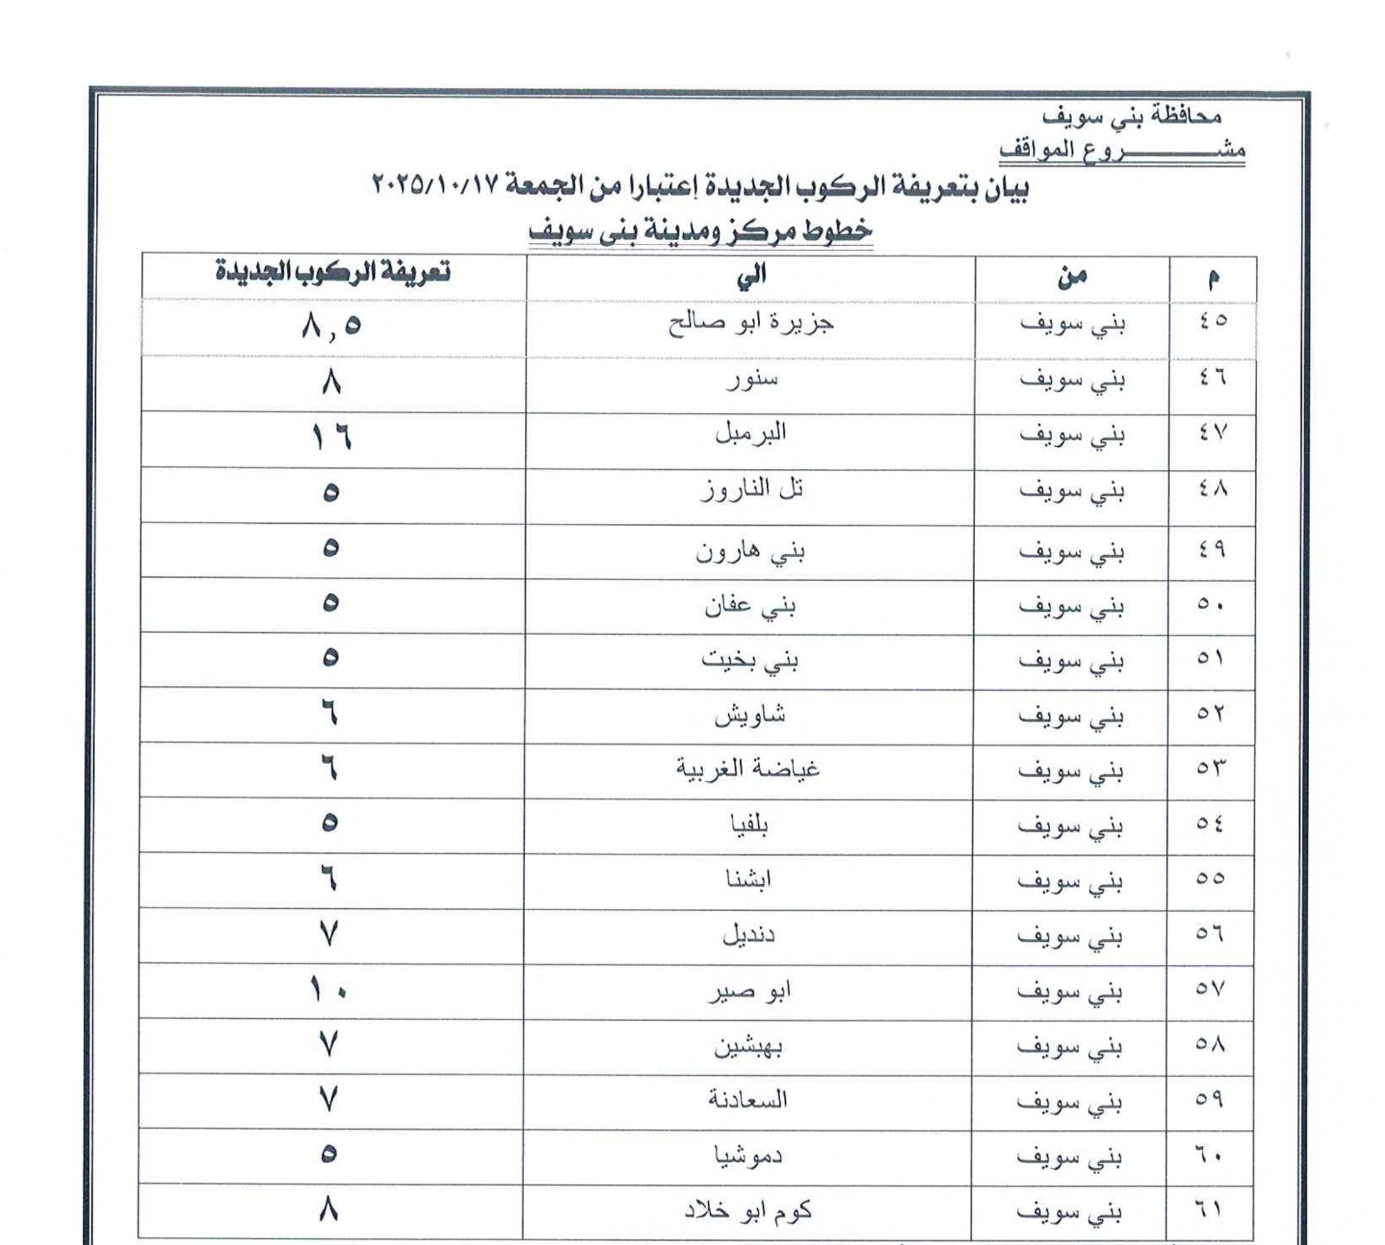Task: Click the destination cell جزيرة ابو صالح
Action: tap(750, 325)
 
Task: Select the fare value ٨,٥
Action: tap(332, 326)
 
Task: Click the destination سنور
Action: tap(751, 380)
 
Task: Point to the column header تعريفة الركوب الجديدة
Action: tap(332, 273)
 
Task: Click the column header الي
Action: tap(750, 276)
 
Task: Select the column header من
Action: tap(1071, 277)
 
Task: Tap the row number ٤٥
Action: tap(1212, 320)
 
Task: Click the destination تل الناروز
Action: tap(751, 491)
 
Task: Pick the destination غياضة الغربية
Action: tap(748, 769)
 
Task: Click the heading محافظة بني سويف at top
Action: tap(1132, 116)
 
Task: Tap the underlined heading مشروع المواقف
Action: tap(1122, 151)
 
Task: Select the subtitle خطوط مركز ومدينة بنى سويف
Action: tap(700, 232)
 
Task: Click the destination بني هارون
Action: tap(750, 552)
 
